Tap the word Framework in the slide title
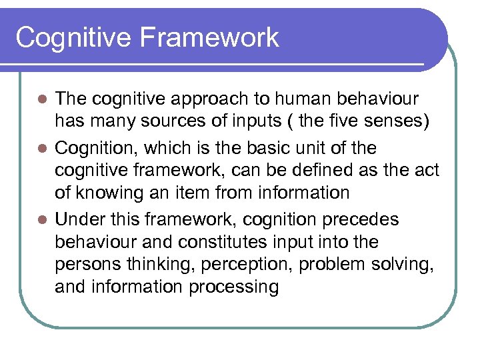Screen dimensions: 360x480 point(210,37)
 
